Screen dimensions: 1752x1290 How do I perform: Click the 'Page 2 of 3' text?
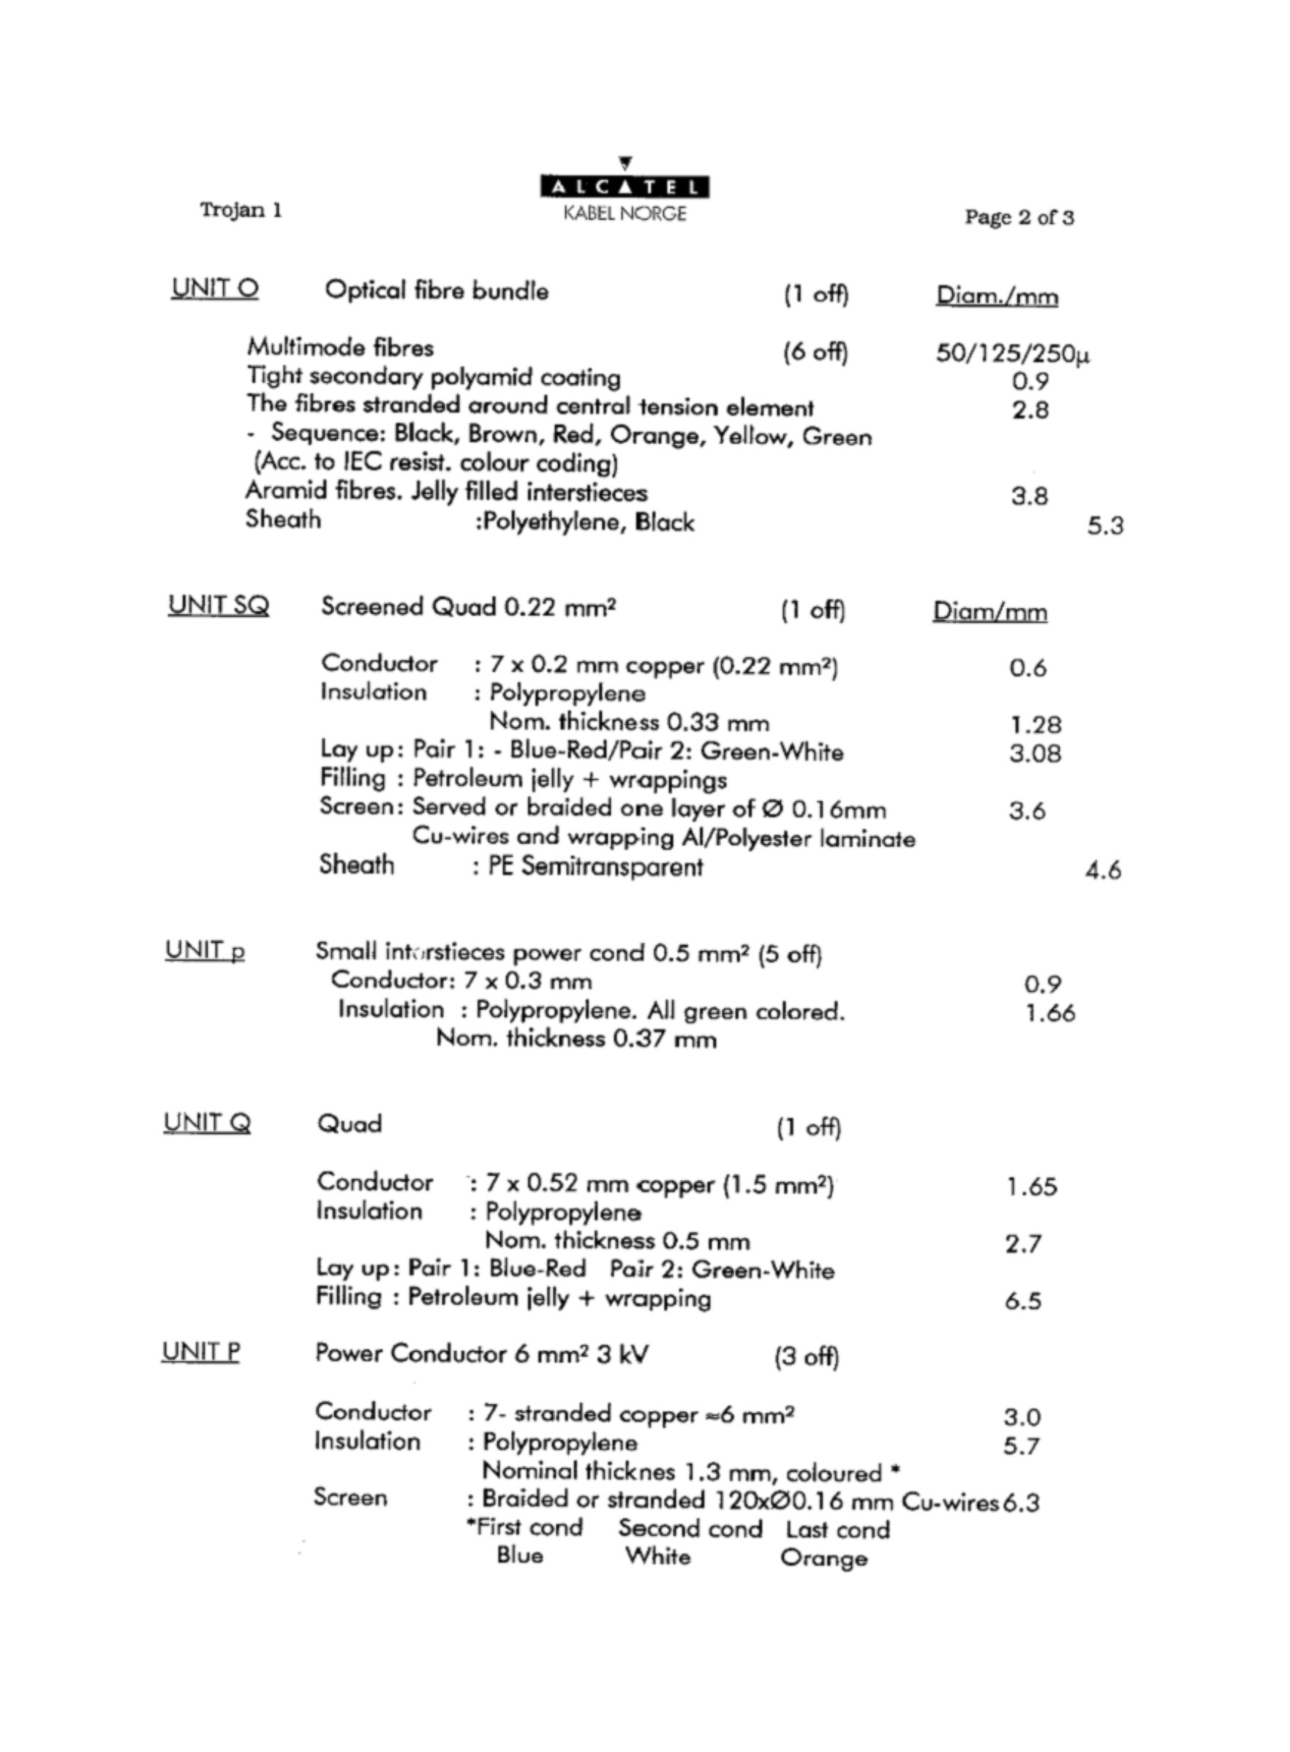(1019, 217)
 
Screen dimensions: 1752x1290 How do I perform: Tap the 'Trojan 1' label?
(241, 210)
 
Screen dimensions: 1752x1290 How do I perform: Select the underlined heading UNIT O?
(215, 289)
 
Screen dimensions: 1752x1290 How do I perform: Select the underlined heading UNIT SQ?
(219, 606)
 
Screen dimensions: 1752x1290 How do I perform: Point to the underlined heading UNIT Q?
(207, 1122)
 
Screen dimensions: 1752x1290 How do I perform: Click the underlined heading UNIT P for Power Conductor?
(200, 1351)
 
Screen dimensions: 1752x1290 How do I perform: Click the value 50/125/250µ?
(1013, 354)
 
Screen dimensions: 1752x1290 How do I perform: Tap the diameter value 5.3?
(1105, 526)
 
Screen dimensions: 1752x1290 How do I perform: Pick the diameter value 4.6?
(1103, 870)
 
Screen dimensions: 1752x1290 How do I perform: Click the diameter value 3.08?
(1035, 753)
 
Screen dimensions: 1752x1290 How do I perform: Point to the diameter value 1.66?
(1049, 1013)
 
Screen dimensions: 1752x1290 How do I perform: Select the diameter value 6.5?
(1023, 1301)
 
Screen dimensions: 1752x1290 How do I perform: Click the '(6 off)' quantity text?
(815, 353)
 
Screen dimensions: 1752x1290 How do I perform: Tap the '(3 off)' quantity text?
(807, 1357)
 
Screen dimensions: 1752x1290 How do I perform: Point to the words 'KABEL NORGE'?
(625, 214)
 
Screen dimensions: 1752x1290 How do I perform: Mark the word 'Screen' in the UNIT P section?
(350, 1497)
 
